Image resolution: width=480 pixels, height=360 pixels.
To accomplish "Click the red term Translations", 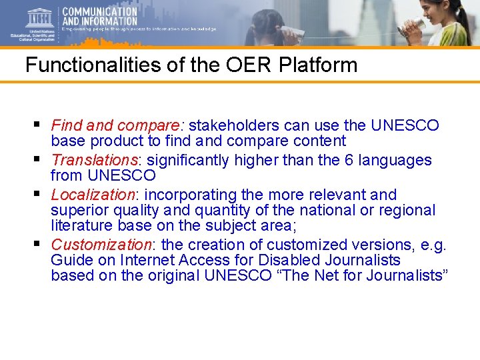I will coord(94,160).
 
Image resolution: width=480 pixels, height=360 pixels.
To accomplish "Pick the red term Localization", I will coord(93,195).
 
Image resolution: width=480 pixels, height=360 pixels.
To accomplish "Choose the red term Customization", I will coord(101,244).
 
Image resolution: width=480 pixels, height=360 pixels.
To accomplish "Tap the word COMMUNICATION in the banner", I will coord(99,11).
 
